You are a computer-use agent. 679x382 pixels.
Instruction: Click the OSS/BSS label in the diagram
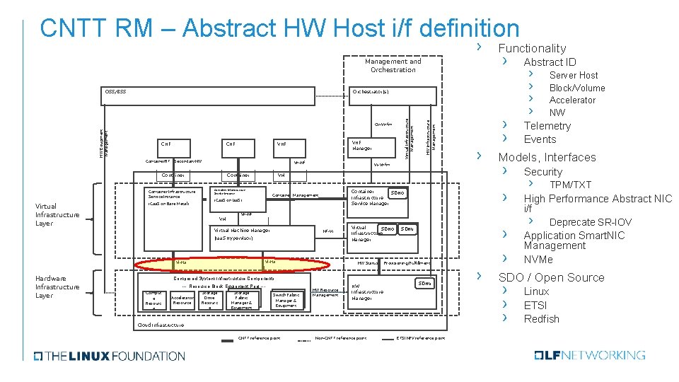[x=115, y=92]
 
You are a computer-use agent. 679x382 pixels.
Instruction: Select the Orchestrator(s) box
[x=371, y=92]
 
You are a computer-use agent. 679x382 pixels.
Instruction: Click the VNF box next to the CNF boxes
[x=282, y=144]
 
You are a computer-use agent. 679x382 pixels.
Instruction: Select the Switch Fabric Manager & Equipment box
[x=286, y=299]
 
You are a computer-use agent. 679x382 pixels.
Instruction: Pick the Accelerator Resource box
[x=182, y=301]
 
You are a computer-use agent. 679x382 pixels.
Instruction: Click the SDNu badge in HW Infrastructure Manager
[x=424, y=283]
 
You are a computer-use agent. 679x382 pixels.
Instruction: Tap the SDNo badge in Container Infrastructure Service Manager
[x=397, y=192]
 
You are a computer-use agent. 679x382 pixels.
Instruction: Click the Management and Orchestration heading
[x=393, y=65]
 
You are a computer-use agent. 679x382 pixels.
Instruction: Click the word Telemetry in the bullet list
[x=547, y=126]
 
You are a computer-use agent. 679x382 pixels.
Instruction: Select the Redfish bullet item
[x=541, y=319]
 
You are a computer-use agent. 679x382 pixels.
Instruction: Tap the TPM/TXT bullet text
[x=570, y=185]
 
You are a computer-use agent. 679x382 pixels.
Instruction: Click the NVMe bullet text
[x=538, y=259]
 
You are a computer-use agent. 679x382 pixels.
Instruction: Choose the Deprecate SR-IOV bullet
[x=591, y=222]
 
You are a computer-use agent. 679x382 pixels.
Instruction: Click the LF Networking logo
[x=590, y=355]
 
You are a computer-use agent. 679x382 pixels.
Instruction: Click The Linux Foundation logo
[x=103, y=356]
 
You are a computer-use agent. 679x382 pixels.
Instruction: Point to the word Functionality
[x=532, y=48]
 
